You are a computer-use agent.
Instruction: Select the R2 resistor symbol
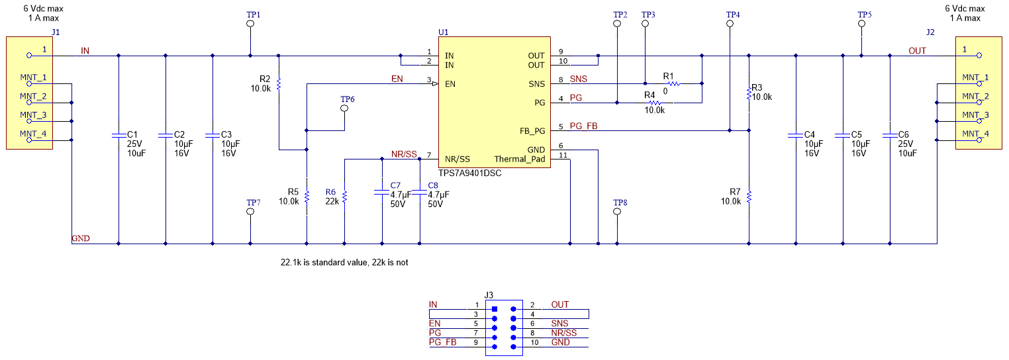[x=279, y=84]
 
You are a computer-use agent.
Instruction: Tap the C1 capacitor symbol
[x=119, y=135]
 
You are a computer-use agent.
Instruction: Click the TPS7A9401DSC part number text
[x=470, y=173]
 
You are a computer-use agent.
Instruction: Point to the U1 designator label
[x=444, y=32]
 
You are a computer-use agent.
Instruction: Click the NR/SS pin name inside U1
[x=457, y=159]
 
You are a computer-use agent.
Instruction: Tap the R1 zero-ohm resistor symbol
[x=673, y=84]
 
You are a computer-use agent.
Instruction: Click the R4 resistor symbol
[x=654, y=103]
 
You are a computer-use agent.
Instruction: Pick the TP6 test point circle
[x=344, y=109]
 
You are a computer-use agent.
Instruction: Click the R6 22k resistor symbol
[x=344, y=197]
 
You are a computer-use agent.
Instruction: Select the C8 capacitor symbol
[x=420, y=193]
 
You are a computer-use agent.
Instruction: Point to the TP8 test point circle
[x=617, y=212]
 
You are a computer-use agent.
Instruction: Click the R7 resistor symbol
[x=748, y=197]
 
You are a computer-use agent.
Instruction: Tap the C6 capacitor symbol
[x=890, y=135]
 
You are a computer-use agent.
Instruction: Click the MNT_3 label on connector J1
[x=33, y=115]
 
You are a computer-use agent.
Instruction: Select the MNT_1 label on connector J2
[x=975, y=77]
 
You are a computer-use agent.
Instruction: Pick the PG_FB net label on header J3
[x=443, y=342]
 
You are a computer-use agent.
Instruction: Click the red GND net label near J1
[x=81, y=238]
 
